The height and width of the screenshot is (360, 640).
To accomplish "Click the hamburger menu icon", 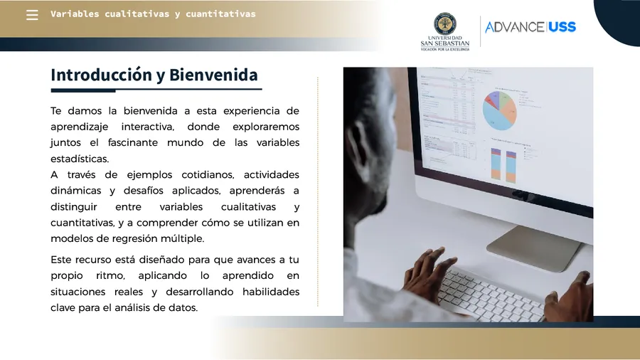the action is click(32, 15).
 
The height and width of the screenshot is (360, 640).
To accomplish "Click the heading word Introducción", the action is click(101, 75).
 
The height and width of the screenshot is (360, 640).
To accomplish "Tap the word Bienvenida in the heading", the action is click(213, 75).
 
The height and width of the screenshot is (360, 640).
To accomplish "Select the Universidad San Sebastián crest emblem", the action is click(445, 23).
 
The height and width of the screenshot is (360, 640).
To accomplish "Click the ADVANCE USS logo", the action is click(530, 27).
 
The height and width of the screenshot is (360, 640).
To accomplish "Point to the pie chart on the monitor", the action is click(499, 110).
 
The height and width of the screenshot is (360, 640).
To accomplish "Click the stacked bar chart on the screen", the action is click(503, 165).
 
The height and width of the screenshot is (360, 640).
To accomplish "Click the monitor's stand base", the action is click(535, 248).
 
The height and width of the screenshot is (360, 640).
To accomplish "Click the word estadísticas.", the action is click(80, 159).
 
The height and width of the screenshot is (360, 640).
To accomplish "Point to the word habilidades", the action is click(271, 292).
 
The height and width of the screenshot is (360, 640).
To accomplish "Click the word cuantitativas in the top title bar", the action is click(221, 14).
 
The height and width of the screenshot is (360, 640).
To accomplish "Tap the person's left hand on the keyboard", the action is click(426, 268).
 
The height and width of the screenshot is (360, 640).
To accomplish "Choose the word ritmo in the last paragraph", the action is click(111, 276).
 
